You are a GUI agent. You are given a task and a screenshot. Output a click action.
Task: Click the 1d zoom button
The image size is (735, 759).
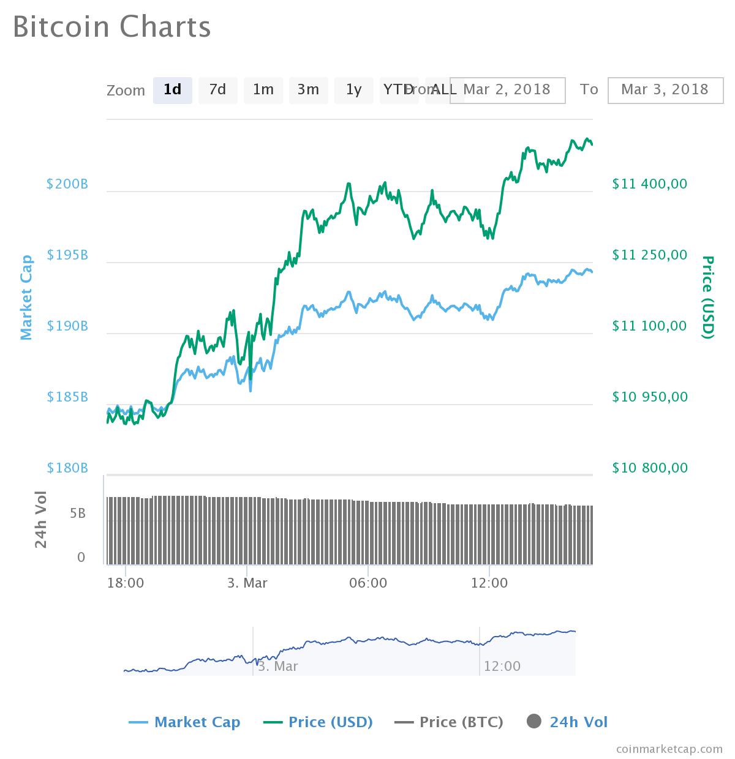pos(172,90)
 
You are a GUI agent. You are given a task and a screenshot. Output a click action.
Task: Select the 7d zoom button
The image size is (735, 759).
pos(217,90)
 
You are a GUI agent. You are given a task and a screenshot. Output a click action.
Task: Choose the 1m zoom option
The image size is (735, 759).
pos(263,90)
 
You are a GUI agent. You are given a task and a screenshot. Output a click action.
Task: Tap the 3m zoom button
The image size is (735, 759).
pos(308,90)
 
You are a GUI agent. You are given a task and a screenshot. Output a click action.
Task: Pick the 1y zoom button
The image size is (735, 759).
pos(353,90)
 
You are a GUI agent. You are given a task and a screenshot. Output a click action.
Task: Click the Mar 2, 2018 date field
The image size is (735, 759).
pos(507,89)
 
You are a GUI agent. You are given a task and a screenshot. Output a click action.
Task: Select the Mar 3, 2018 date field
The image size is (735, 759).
pos(665,89)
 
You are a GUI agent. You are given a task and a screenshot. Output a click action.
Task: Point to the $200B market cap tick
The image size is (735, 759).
pos(67,184)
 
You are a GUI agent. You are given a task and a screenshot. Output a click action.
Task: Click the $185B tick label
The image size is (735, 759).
pos(67,397)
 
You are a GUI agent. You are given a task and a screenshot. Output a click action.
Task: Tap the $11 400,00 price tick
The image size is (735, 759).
pos(649,184)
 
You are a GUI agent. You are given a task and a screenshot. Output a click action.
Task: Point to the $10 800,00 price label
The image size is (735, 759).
pos(649,468)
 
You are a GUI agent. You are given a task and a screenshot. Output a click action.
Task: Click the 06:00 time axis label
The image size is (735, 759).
pos(368,583)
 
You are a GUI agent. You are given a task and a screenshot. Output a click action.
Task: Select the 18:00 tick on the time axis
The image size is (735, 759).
pos(126,583)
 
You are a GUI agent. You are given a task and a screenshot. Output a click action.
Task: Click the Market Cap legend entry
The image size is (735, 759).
pos(184,722)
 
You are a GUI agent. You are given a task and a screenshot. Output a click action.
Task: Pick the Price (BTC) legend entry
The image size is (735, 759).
pos(449,722)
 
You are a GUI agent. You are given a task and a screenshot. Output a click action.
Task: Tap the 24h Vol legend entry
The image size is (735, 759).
pos(567,722)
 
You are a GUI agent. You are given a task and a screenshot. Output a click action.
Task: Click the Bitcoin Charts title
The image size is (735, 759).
pos(112,27)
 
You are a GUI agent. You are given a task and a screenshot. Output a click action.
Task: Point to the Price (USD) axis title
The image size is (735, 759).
pos(707,297)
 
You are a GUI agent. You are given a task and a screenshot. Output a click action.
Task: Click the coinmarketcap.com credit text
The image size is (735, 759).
pos(669,749)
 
